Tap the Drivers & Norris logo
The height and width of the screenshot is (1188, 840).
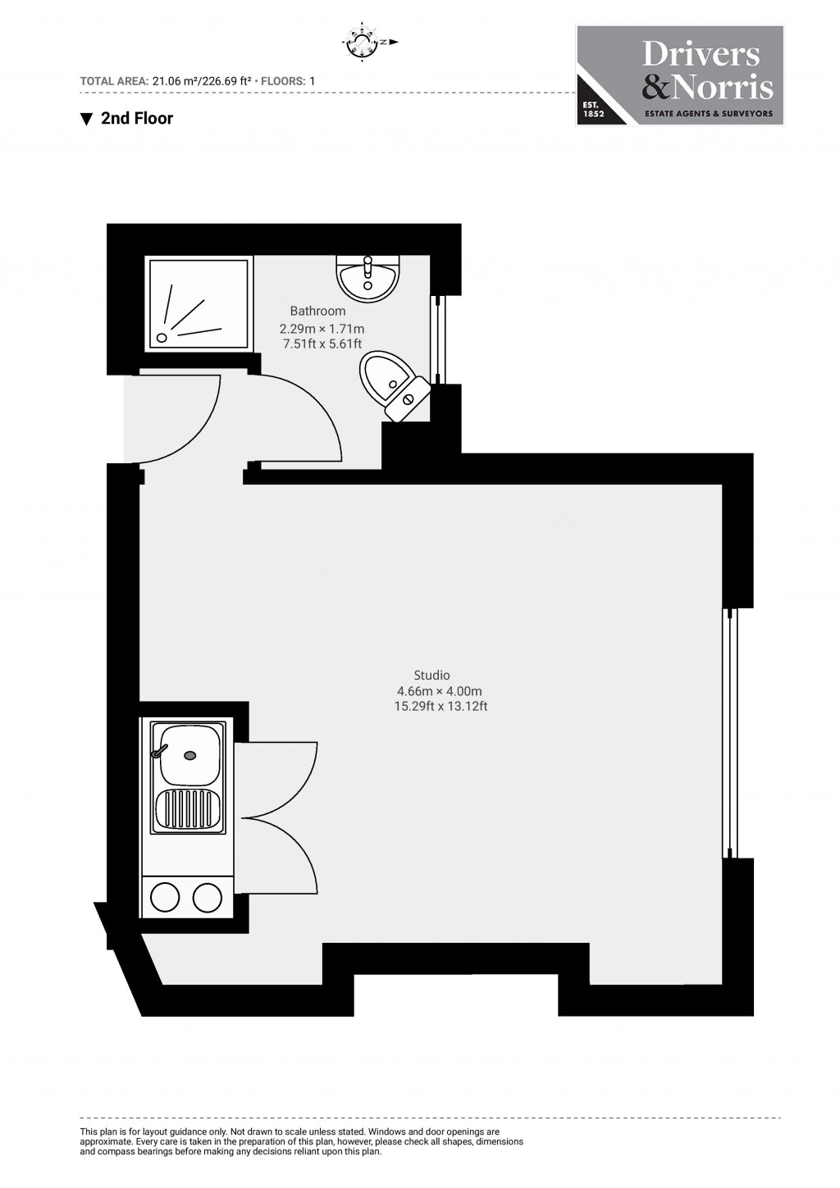pyautogui.click(x=680, y=75)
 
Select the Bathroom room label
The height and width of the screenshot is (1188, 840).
pyautogui.click(x=317, y=311)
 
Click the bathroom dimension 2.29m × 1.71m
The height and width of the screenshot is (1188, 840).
pyautogui.click(x=322, y=329)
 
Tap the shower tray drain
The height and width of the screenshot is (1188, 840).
pyautogui.click(x=162, y=337)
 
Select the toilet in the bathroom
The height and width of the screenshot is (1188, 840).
pyautogui.click(x=394, y=385)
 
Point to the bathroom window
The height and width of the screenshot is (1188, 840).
pyautogui.click(x=438, y=339)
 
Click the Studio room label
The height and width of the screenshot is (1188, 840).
pyautogui.click(x=431, y=675)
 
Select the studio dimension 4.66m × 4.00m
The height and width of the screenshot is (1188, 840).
pyautogui.click(x=440, y=691)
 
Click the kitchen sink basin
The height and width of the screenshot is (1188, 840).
pyautogui.click(x=190, y=755)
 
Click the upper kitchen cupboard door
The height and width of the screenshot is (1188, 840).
pyautogui.click(x=276, y=779)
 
